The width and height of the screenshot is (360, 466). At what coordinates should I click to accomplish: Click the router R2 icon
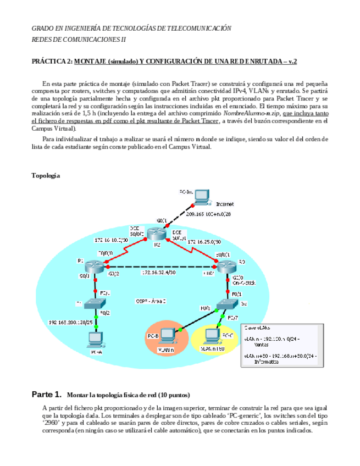click(157, 235)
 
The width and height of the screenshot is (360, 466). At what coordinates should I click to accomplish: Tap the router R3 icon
click(226, 267)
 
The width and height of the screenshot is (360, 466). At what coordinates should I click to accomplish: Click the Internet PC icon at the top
click(202, 196)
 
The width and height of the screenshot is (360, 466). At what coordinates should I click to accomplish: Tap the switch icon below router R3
click(226, 304)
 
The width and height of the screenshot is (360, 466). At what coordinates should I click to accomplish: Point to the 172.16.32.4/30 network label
click(159, 272)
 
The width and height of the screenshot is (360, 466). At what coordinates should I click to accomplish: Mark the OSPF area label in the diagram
click(150, 301)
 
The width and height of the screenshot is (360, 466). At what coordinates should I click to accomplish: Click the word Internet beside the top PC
click(224, 203)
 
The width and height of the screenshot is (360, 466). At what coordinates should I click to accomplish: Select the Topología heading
click(46, 175)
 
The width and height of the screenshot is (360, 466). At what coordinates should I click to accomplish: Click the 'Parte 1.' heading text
click(46, 395)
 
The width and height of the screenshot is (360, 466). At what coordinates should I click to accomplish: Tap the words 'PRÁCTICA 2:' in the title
click(52, 62)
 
